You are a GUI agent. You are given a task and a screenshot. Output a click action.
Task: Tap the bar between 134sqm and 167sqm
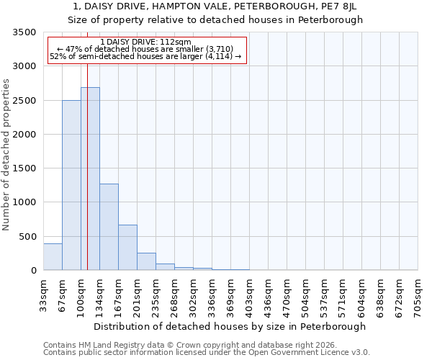tap(109, 227)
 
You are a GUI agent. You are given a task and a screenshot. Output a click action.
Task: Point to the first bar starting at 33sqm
tap(53, 257)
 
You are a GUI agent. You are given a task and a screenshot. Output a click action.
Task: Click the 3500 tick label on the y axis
tap(24, 32)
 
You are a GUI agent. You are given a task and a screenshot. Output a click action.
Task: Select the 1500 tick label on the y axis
tap(24, 168)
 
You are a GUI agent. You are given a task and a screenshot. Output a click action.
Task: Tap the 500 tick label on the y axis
tap(27, 236)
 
